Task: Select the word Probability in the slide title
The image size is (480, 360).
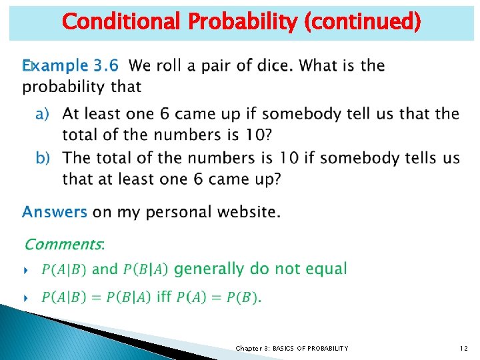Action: pos(243,22)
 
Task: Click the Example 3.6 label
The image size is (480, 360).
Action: pos(71,66)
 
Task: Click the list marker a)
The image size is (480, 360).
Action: pos(43,114)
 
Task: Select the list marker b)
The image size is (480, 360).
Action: pos(43,159)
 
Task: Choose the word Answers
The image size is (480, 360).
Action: pos(55,212)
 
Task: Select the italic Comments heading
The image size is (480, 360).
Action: pos(64,245)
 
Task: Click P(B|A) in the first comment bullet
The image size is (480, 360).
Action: pos(145,269)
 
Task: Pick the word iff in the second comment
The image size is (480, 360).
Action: pos(164,297)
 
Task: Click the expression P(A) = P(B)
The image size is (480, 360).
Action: pos(219,297)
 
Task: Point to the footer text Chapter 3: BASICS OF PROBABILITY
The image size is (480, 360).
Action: pos(292,348)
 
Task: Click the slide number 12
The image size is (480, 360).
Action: pos(463,348)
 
